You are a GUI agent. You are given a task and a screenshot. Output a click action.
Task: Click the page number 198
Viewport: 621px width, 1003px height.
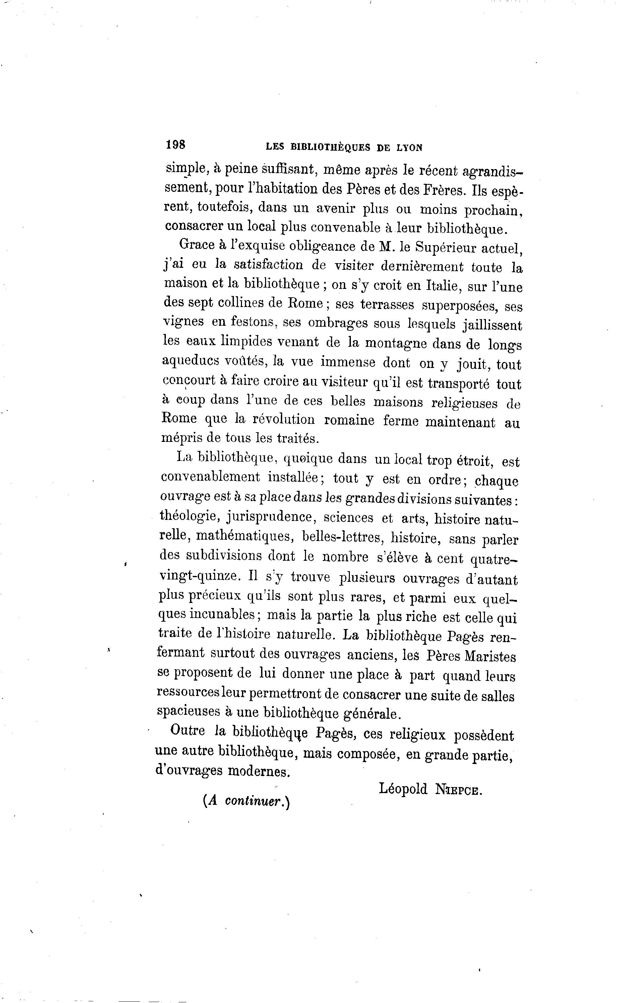[175, 145]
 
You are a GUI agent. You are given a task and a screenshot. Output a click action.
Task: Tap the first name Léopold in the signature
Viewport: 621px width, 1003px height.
[403, 788]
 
